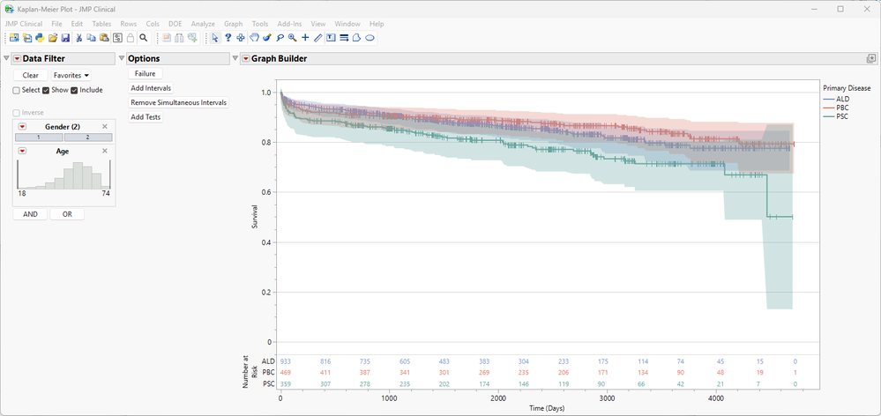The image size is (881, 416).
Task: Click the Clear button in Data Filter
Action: pos(30,76)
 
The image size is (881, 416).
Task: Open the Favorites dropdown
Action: pos(71,76)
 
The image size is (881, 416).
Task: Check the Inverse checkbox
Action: pos(17,113)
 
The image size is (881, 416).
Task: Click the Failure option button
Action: pos(145,74)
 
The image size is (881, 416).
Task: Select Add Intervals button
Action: pos(151,88)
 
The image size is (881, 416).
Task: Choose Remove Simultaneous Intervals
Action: pos(178,102)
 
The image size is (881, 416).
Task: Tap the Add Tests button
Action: pos(146,117)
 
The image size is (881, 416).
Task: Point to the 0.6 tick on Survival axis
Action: pos(267,192)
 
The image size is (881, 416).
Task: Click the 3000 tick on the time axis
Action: pos(607,398)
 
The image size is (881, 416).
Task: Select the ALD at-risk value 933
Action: pos(285,361)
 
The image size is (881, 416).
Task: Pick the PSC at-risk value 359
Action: pos(285,383)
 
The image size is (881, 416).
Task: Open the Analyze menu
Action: pos(203,24)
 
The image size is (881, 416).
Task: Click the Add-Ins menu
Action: pos(289,24)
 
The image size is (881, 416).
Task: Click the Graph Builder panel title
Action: pos(280,58)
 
